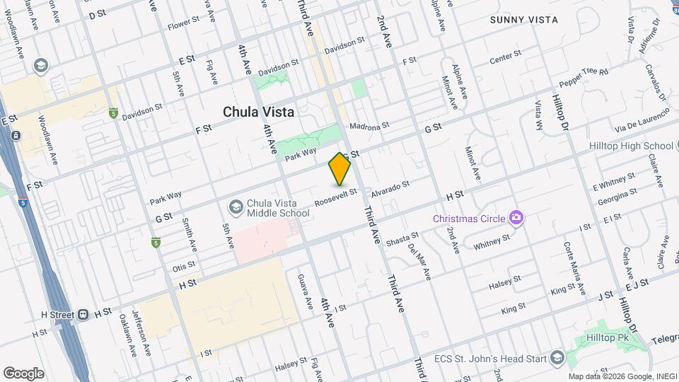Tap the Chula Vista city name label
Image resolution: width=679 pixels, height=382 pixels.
coord(259,112)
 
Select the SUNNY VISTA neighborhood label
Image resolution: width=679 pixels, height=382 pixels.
coord(524,20)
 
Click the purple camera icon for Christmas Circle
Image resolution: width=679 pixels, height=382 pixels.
coord(518,217)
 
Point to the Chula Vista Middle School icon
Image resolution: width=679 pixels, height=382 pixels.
coord(236,207)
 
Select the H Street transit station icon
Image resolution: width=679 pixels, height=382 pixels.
coord(83,312)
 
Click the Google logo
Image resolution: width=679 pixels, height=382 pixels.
coord(23,373)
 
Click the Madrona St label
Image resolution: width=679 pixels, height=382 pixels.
coord(370,126)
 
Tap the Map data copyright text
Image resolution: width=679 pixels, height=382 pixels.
coord(620,376)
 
